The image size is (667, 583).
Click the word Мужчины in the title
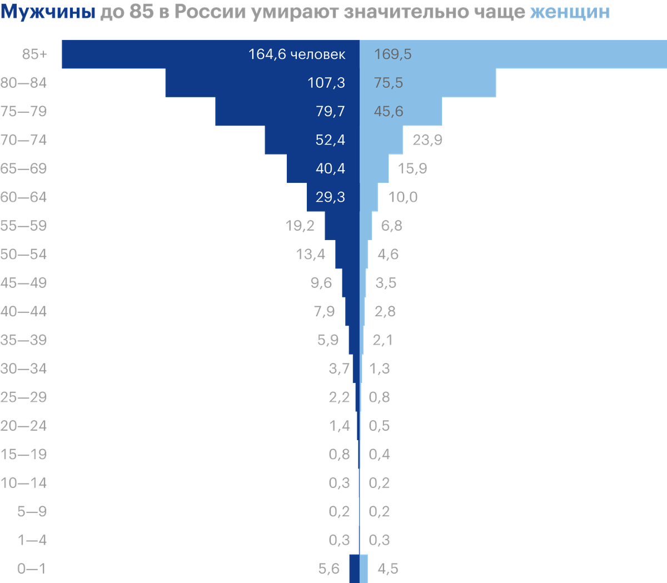click(48, 11)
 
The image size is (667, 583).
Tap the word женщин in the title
click(570, 11)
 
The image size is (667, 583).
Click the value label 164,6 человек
click(297, 54)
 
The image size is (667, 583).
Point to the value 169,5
click(393, 54)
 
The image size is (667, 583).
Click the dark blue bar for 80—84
click(233, 83)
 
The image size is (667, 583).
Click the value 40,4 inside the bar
click(330, 168)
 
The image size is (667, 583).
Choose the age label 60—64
click(24, 197)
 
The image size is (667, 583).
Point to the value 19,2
click(300, 226)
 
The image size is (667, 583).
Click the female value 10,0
click(404, 197)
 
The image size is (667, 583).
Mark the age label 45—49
click(24, 283)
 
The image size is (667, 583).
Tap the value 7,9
click(325, 311)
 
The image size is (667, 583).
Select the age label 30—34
click(24, 368)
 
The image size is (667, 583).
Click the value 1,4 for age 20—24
click(340, 426)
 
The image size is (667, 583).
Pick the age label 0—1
click(32, 569)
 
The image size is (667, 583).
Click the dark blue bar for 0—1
click(354, 569)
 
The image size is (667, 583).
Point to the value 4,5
click(388, 569)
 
